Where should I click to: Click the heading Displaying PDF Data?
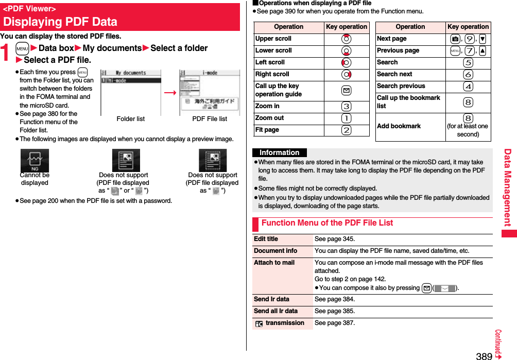pos(60,22)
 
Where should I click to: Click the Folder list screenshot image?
pos(131,92)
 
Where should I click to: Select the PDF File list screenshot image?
pos(209,92)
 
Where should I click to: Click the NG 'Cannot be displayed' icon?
pos(35,161)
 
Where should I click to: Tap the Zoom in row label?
pos(268,106)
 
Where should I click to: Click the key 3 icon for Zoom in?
pos(347,107)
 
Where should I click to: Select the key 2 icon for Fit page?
pos(347,130)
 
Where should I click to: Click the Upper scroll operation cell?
pos(273,39)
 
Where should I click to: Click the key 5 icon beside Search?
pos(468,63)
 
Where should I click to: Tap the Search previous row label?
pos(401,86)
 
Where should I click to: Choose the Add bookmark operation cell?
pos(399,126)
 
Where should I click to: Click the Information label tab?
pos(279,153)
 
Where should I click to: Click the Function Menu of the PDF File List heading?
pos(327,223)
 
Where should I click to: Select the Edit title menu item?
pos(266,239)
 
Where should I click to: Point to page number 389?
pos(484,356)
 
